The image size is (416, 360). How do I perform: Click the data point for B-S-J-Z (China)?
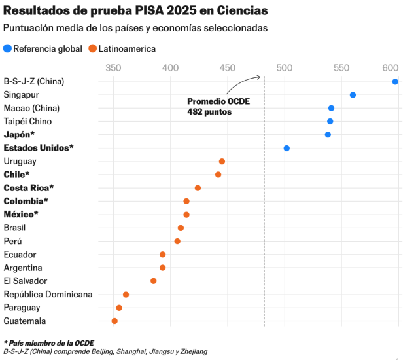(395, 82)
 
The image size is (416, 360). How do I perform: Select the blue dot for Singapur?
(353, 95)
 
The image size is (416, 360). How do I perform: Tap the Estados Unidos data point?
(286, 148)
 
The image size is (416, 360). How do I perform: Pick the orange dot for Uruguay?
(222, 162)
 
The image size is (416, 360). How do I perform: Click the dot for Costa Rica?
(198, 188)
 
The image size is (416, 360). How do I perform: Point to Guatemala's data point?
(114, 321)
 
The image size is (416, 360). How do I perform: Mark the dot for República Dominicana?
(126, 295)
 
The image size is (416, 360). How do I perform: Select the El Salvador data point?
(153, 281)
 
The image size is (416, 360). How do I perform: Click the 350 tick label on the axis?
(113, 68)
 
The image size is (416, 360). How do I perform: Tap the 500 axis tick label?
(285, 68)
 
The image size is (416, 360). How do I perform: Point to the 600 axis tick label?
(390, 68)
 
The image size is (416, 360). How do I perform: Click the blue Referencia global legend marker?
(7, 48)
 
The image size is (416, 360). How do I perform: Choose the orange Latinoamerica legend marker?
(93, 48)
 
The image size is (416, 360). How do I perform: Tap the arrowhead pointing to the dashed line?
(258, 77)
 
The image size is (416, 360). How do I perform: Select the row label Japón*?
(19, 135)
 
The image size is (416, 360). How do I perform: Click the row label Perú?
(12, 241)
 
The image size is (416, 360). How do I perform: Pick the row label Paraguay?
(22, 308)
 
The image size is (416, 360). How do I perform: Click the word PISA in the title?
(149, 10)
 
